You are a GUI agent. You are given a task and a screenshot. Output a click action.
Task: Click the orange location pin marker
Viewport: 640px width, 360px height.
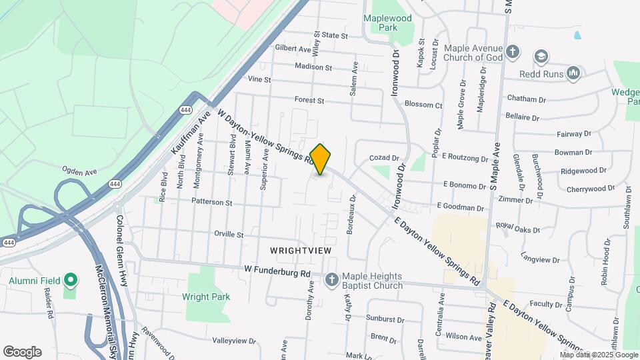[x=321, y=159]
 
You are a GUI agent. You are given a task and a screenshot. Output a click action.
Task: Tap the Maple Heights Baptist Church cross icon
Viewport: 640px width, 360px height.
[x=331, y=281]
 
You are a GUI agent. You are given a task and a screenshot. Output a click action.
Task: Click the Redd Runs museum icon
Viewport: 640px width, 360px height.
[x=573, y=72]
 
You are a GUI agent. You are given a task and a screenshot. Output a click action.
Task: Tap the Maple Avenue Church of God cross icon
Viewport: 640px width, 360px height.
[x=513, y=52]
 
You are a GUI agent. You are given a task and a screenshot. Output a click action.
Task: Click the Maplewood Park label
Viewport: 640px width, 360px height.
[x=388, y=23]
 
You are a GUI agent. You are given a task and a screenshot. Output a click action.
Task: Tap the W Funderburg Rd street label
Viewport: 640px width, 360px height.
[x=277, y=273]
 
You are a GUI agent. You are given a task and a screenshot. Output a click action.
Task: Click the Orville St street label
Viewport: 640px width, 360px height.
[x=229, y=235]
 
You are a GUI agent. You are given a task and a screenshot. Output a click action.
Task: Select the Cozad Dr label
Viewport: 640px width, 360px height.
[x=384, y=158]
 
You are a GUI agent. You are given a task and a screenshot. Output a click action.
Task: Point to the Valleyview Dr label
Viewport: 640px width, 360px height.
[x=234, y=341]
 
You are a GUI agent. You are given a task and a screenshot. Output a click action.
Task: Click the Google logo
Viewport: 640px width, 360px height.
[x=22, y=351]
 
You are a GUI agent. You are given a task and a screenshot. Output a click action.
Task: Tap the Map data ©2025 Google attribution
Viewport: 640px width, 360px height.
[x=597, y=354]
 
